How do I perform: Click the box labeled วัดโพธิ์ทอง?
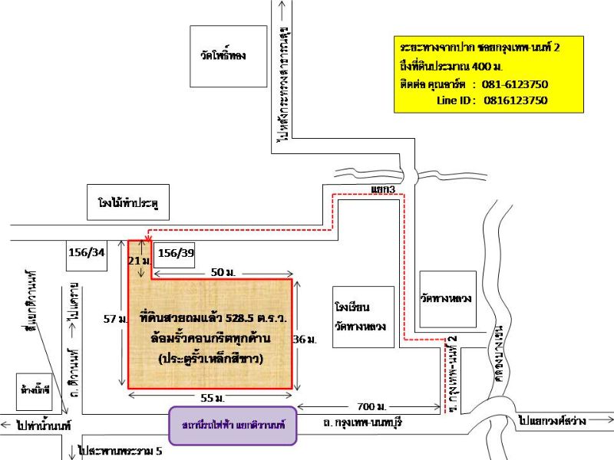coord(223,55)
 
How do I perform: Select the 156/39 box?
coord(176,254)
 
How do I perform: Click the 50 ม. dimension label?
coord(223,272)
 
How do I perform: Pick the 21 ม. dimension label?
coord(136,261)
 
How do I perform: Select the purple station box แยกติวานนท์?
coord(233,426)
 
